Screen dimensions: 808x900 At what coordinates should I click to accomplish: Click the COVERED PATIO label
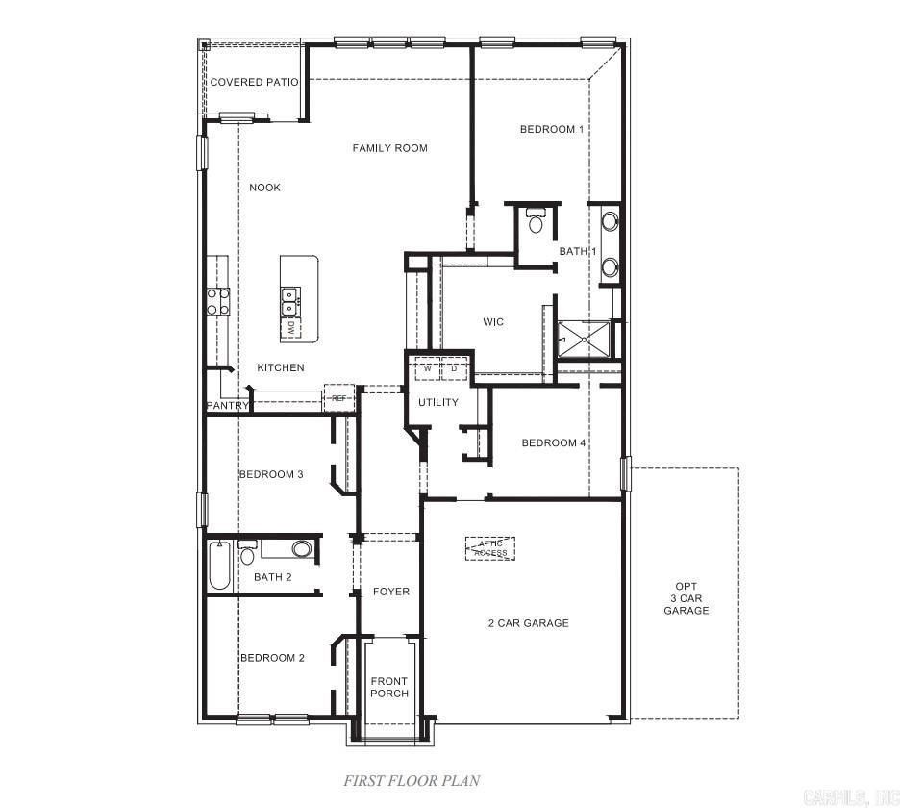click(254, 82)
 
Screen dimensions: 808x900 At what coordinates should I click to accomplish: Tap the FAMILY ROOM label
click(389, 148)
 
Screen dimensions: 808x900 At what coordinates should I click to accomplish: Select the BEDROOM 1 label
click(552, 129)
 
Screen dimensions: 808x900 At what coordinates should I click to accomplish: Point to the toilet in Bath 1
click(536, 221)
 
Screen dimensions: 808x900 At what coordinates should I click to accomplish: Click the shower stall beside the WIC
click(585, 338)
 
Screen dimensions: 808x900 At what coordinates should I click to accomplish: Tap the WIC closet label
click(493, 322)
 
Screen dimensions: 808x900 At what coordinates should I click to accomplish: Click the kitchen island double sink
click(288, 301)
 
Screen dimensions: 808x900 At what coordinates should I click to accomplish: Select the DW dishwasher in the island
click(289, 327)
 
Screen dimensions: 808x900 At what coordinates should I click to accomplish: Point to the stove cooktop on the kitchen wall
click(217, 302)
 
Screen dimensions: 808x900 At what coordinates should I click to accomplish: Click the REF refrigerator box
click(338, 397)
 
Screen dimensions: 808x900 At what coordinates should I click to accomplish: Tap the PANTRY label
click(228, 406)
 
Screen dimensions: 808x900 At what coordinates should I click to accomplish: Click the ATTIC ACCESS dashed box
click(490, 548)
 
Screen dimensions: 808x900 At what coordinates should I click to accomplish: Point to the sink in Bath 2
click(301, 549)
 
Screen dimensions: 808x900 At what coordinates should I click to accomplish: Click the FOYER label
click(391, 592)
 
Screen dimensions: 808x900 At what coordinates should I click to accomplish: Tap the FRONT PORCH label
click(389, 688)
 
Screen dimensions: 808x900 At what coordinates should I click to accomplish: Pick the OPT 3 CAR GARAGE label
click(686, 598)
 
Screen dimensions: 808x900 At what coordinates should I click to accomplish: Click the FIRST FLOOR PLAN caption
click(412, 781)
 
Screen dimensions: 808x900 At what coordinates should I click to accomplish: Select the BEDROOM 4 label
click(554, 443)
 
